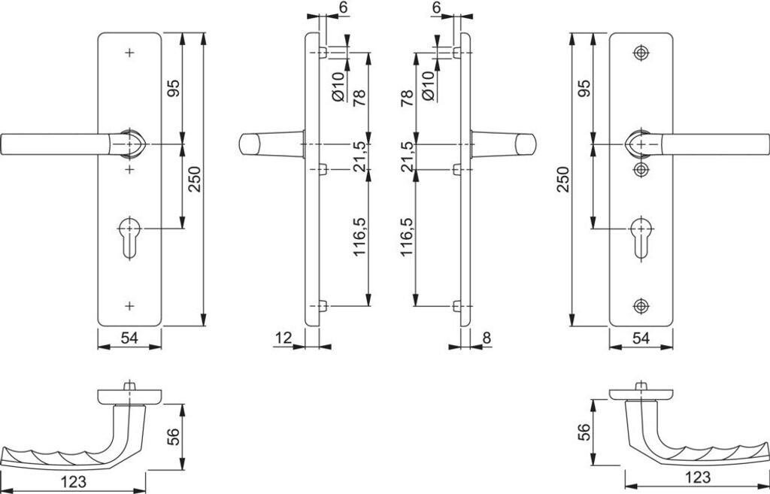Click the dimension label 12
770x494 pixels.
283,338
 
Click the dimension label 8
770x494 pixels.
487,338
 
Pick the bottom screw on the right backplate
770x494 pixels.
640,305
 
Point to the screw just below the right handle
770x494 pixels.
640,168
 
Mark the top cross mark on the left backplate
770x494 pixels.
129,53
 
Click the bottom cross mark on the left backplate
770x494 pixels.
129,305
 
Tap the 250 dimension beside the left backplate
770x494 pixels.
195,179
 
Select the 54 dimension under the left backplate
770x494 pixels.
129,339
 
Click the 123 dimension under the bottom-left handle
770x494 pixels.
72,482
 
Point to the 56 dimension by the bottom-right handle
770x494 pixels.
583,433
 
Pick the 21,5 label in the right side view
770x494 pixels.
407,156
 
